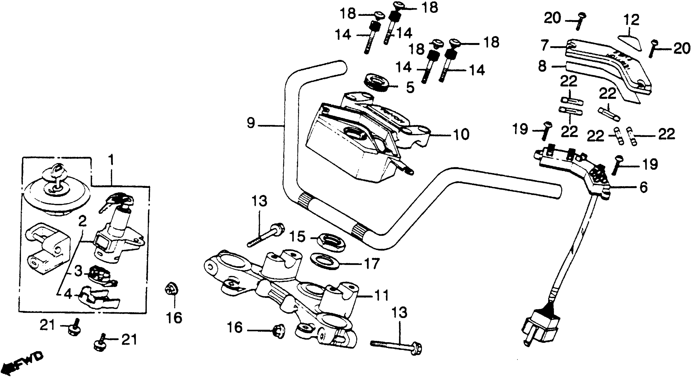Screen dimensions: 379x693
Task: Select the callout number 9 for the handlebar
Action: click(250, 124)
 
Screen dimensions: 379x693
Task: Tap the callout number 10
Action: click(461, 134)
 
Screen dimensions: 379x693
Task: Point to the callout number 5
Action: click(410, 87)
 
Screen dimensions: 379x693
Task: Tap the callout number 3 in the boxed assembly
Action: click(78, 272)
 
